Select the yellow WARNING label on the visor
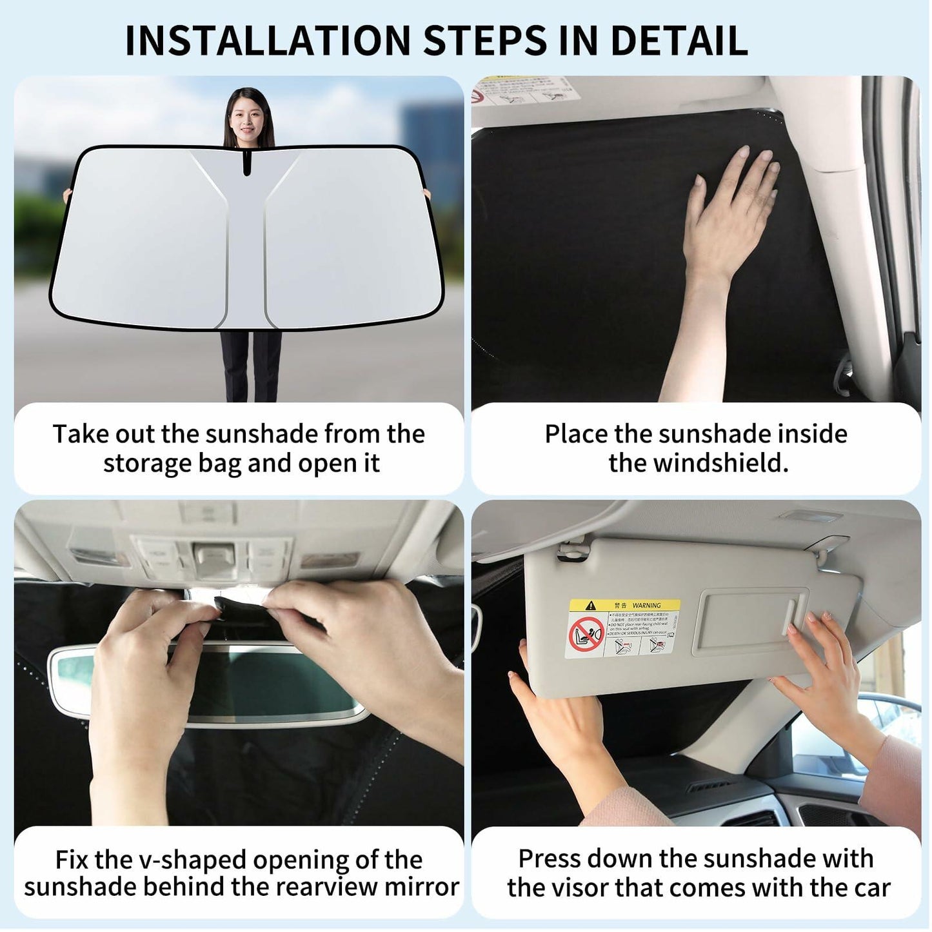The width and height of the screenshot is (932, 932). [x=624, y=606]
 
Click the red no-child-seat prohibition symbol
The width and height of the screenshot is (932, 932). [x=586, y=635]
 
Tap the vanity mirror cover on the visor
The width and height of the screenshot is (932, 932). [x=748, y=622]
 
